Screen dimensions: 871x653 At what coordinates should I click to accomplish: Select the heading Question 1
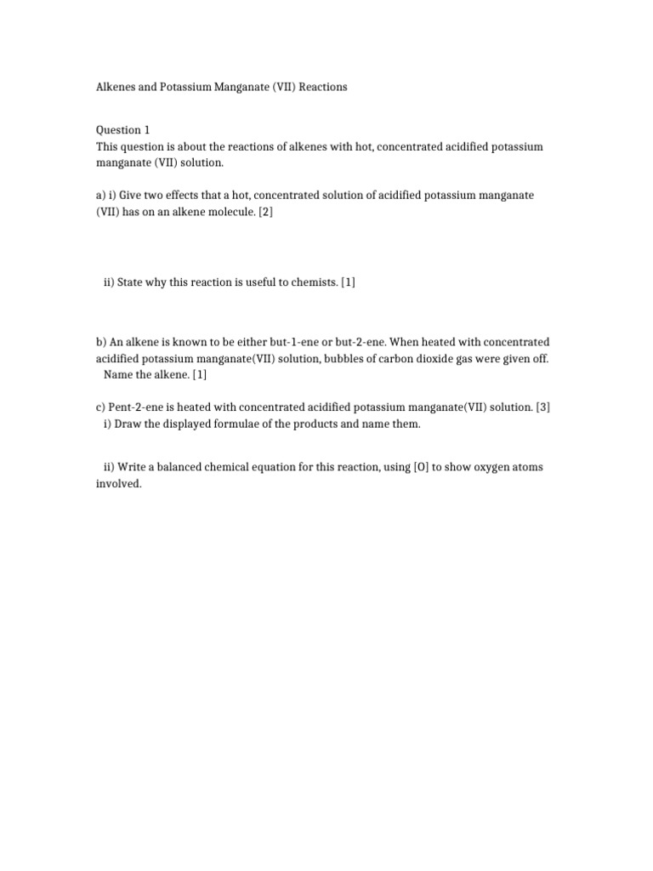point(122,130)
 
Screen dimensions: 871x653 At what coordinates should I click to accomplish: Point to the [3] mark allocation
point(542,407)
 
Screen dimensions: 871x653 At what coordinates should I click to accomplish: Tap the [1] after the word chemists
point(348,282)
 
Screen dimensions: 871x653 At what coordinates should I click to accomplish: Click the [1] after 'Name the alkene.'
point(199,374)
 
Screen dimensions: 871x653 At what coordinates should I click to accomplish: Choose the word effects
point(193,195)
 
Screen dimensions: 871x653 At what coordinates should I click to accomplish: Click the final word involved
point(117,484)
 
